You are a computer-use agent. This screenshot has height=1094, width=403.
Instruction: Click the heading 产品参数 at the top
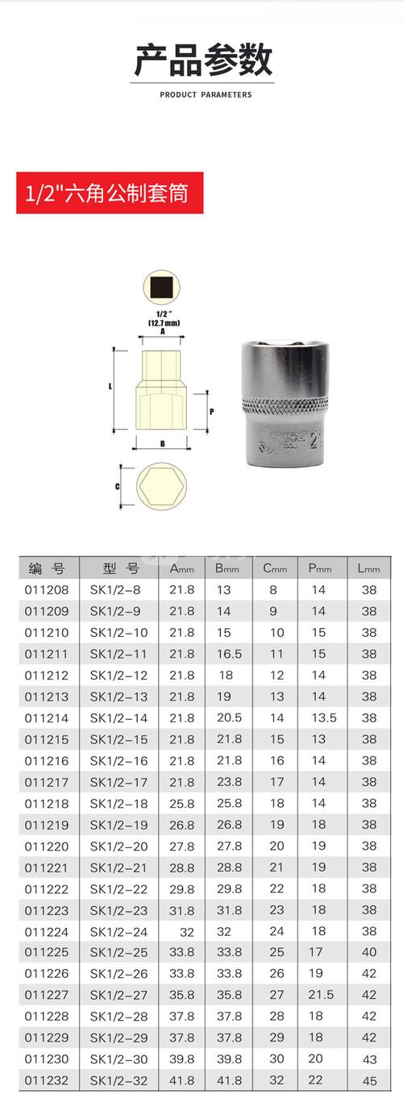point(203,61)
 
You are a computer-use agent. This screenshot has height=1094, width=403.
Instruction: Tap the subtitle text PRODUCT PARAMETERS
point(206,94)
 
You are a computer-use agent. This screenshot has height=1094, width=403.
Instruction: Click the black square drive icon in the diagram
point(162,288)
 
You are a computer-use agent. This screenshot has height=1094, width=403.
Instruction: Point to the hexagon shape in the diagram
point(161,487)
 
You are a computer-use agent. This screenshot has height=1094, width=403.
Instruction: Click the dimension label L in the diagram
point(110,387)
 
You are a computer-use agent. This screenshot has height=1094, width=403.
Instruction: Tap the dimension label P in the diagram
point(211,410)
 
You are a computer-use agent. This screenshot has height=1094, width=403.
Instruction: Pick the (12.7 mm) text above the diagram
point(163,322)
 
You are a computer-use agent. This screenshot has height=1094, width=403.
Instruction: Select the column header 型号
point(118,568)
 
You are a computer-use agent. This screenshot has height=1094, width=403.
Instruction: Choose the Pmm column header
point(320,568)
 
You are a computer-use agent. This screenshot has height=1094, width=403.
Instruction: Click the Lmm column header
point(368,568)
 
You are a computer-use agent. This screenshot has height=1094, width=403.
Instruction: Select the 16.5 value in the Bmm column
point(228,654)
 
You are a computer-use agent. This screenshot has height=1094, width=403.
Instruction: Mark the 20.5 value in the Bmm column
point(228,718)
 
